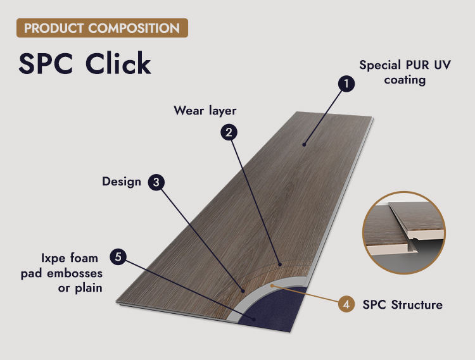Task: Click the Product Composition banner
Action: click(x=102, y=28)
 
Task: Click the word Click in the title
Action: click(x=118, y=63)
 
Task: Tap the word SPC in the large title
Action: click(x=46, y=63)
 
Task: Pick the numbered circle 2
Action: click(x=229, y=132)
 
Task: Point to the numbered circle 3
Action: click(x=156, y=182)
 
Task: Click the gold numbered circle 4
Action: click(x=346, y=304)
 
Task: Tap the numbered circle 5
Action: click(x=118, y=257)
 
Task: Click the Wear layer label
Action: click(x=205, y=111)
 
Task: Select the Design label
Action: click(x=122, y=182)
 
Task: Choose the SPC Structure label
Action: click(x=402, y=304)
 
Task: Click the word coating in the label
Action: click(x=405, y=80)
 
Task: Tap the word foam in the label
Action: click(x=84, y=258)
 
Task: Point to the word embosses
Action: click(x=75, y=273)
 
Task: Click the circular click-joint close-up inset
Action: click(x=404, y=233)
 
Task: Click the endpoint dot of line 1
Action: click(x=304, y=145)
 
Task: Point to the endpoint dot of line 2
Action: click(x=280, y=264)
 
